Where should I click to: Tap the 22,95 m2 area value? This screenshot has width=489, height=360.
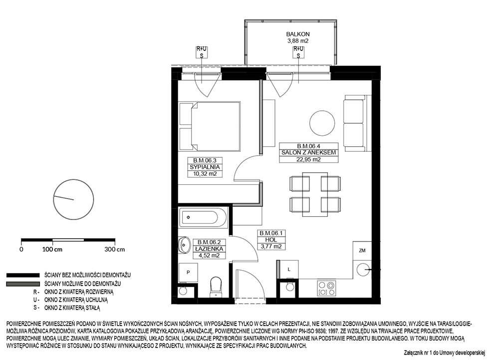point(309,159)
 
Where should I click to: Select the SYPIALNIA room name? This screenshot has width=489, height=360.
point(205,167)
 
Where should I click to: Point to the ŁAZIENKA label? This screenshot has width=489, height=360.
point(209,249)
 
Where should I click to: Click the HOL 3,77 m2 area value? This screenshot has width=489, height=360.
point(271,247)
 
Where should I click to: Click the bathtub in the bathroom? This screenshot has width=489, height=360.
point(203,217)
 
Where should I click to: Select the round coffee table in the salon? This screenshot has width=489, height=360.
point(322,123)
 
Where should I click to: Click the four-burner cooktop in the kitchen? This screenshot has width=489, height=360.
point(326,288)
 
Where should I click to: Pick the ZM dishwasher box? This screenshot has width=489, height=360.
point(362,251)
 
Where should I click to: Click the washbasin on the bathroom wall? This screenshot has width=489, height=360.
point(184,245)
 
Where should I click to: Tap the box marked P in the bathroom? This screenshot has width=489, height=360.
point(188,272)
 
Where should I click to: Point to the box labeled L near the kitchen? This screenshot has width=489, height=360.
point(289,270)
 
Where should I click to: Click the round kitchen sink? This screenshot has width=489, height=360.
point(363,270)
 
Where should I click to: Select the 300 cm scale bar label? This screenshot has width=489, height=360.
point(115,250)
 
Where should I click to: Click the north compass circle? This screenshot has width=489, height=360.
point(74,199)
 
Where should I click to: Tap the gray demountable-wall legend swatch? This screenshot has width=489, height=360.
point(23,284)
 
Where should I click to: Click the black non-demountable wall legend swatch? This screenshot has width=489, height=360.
point(23,275)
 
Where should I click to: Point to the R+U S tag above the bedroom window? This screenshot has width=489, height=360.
point(202,52)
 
